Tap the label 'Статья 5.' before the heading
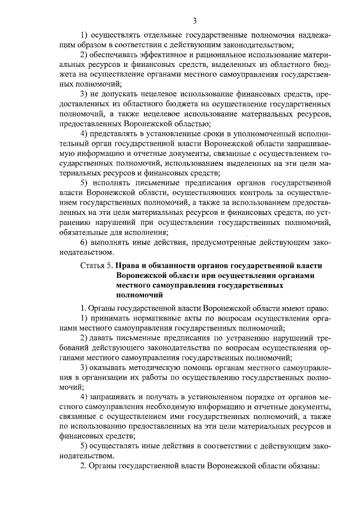pos(96,264)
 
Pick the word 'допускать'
pos(124,93)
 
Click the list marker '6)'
pos(84,242)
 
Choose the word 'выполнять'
pos(112,242)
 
